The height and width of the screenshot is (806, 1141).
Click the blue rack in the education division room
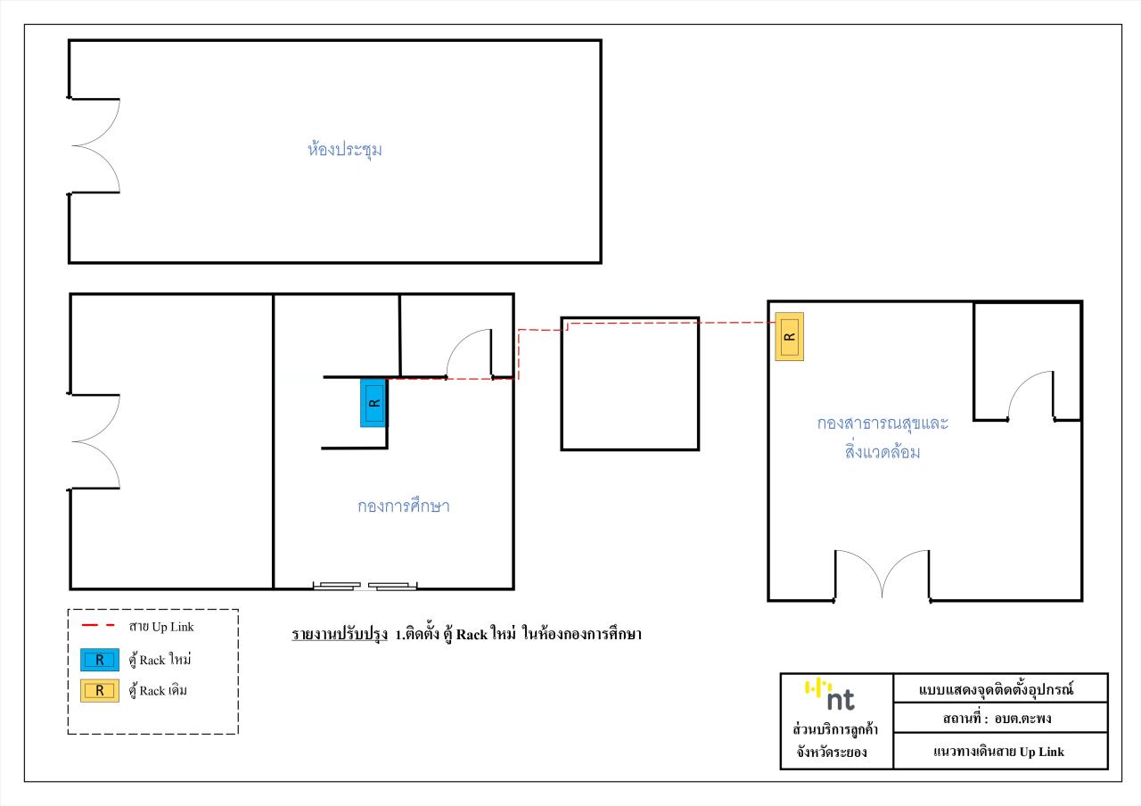pyautogui.click(x=373, y=402)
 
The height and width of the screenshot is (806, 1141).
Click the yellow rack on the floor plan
pyautogui.click(x=789, y=337)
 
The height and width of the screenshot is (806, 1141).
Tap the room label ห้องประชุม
pyautogui.click(x=344, y=150)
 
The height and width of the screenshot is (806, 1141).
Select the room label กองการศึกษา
pyautogui.click(x=404, y=506)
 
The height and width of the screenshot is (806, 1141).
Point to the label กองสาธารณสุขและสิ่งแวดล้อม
pyautogui.click(x=882, y=437)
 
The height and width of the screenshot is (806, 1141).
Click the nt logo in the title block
pyautogui.click(x=829, y=695)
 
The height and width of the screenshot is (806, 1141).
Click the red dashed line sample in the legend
pyautogui.click(x=98, y=625)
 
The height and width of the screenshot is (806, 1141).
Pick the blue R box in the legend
pyautogui.click(x=100, y=660)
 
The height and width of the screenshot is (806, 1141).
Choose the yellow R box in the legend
pyautogui.click(x=100, y=690)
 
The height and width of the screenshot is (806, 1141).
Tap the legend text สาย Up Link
pyautogui.click(x=161, y=627)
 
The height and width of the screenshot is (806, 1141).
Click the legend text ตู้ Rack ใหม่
pyautogui.click(x=160, y=660)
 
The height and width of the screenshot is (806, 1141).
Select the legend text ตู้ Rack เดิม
pyautogui.click(x=158, y=691)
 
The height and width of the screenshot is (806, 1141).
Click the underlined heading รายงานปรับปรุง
pyautogui.click(x=340, y=635)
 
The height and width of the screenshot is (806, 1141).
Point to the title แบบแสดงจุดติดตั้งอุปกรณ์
pyautogui.click(x=996, y=689)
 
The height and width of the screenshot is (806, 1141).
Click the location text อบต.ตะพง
pyautogui.click(x=1022, y=719)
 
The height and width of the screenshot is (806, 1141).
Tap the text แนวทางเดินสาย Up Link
pyautogui.click(x=999, y=752)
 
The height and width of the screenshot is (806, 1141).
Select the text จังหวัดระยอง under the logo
pyautogui.click(x=832, y=752)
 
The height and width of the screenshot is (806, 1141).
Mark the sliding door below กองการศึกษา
pyautogui.click(x=365, y=586)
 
